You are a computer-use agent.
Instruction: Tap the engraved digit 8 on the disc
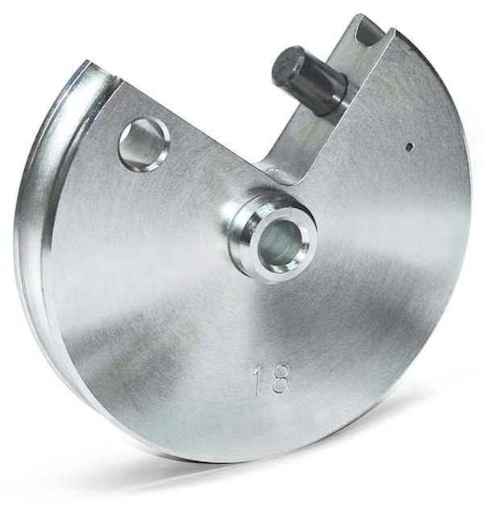[280, 379]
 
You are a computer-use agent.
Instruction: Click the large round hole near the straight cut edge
[144, 144]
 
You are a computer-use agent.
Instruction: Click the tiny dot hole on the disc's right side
[410, 147]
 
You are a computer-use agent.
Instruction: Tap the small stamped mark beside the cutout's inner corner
[273, 170]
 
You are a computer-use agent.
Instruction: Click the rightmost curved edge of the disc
[469, 202]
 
